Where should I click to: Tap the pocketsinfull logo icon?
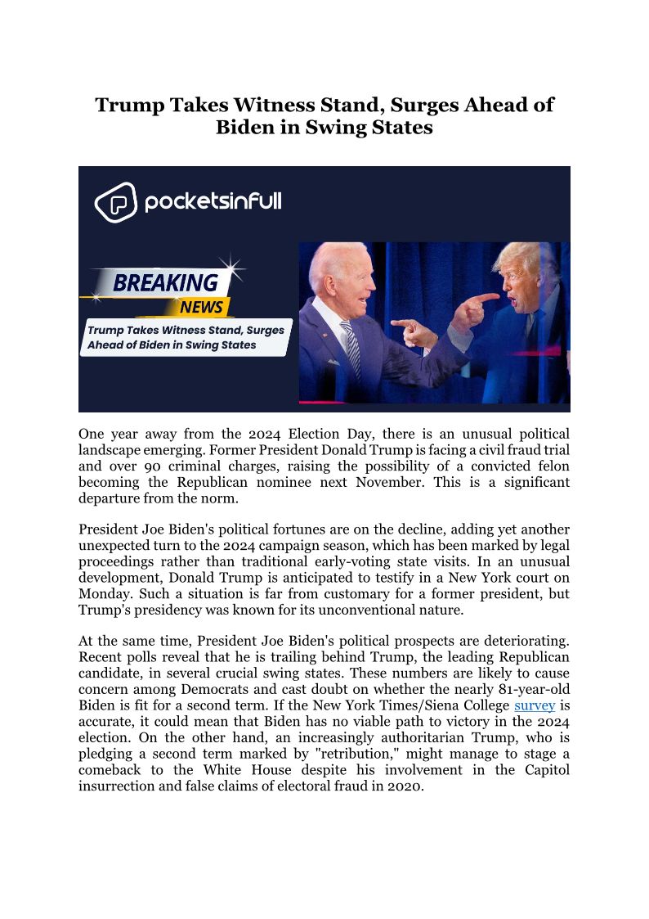coord(115,202)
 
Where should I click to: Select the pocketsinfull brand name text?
coord(213,201)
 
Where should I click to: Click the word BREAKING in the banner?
coord(166,283)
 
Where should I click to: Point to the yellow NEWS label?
coord(201,307)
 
